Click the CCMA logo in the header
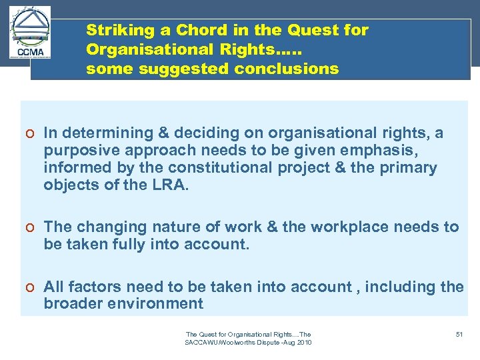click(31, 33)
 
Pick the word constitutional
click(217, 168)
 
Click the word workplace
click(348, 227)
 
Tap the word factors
click(95, 287)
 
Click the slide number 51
click(459, 333)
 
